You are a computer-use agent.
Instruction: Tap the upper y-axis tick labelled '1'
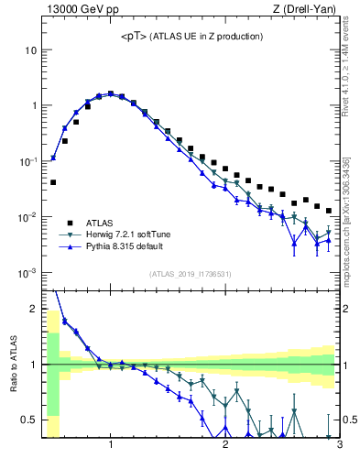pyautogui.click(x=34, y=105)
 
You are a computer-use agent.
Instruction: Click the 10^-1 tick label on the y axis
pyautogui.click(x=29, y=161)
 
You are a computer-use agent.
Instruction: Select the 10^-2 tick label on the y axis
pyautogui.click(x=29, y=217)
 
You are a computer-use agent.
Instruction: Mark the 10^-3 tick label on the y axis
pyautogui.click(x=29, y=273)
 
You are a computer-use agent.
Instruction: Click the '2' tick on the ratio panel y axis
pyautogui.click(x=34, y=309)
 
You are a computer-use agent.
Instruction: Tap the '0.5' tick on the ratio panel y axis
pyautogui.click(x=30, y=420)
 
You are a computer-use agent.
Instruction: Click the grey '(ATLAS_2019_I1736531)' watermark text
pyautogui.click(x=190, y=274)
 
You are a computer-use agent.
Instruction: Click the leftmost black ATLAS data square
pyautogui.click(x=53, y=182)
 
